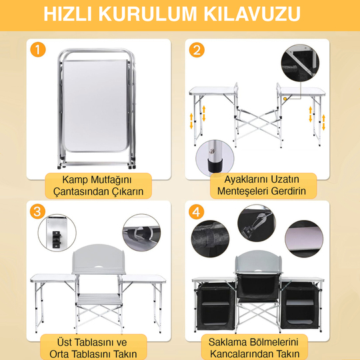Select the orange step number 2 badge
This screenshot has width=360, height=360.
click(x=197, y=50)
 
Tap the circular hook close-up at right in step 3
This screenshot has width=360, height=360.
click(x=142, y=232)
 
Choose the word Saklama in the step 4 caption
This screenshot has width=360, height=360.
click(x=223, y=341)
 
